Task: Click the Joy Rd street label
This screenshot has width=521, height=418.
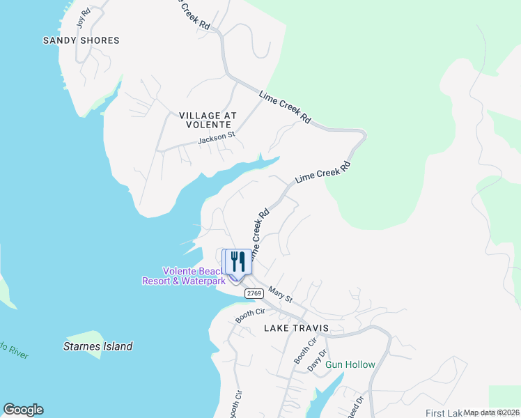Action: (x=84, y=17)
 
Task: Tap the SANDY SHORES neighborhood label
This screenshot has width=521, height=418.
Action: (x=81, y=40)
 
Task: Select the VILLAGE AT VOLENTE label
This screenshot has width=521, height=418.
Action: (x=208, y=120)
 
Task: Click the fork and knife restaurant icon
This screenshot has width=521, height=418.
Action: (x=238, y=262)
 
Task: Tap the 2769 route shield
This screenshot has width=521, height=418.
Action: (x=254, y=294)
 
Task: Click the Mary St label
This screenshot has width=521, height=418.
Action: (x=281, y=296)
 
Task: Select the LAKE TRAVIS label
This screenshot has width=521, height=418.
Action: (x=295, y=327)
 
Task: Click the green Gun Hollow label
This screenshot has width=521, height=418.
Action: (x=351, y=364)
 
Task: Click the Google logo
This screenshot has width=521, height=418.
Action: (x=23, y=410)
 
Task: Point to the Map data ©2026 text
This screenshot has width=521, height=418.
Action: (x=492, y=412)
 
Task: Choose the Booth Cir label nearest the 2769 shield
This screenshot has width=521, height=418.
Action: (x=251, y=314)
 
